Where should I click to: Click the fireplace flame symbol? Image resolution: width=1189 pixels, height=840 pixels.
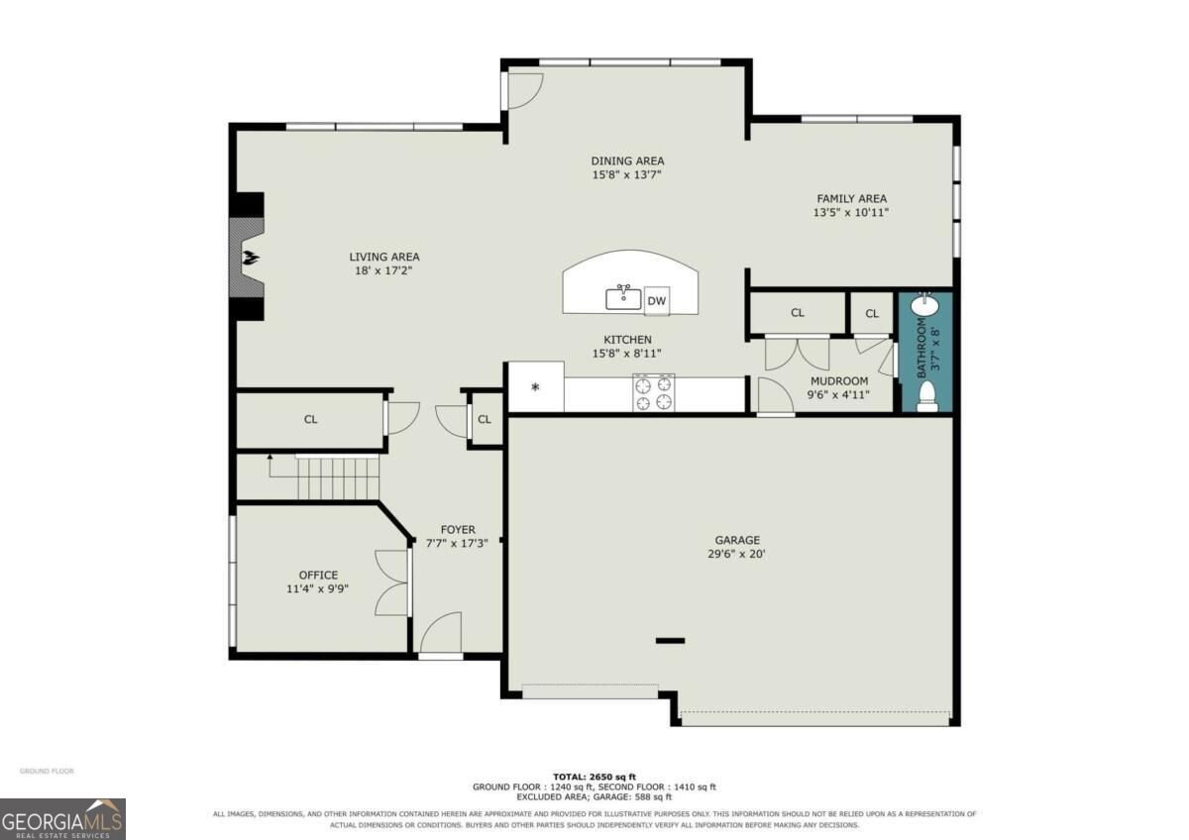[251, 259]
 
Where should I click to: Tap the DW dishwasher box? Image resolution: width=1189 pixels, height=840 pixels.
[657, 301]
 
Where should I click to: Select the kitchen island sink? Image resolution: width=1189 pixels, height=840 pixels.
[623, 297]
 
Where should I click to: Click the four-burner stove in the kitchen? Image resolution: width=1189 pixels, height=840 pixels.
[653, 392]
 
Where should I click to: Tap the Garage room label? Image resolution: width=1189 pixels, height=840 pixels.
[737, 540]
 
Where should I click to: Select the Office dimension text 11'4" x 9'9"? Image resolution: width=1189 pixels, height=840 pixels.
[317, 589]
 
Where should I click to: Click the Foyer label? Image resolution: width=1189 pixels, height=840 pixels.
[458, 530]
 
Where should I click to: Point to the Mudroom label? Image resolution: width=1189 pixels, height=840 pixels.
[839, 381]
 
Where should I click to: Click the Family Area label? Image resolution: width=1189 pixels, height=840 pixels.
[851, 198]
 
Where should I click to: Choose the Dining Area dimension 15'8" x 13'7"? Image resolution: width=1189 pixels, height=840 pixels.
[627, 174]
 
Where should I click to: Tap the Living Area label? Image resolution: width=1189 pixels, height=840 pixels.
[384, 257]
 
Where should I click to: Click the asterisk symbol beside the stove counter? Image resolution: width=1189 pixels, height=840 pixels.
[535, 387]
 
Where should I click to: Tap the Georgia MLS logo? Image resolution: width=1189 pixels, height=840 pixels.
[62, 819]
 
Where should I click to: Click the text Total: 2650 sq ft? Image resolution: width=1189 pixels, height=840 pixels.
[594, 778]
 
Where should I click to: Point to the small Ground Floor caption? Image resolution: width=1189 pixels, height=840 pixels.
[47, 771]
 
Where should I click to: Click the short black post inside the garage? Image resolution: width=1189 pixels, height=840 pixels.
[670, 641]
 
